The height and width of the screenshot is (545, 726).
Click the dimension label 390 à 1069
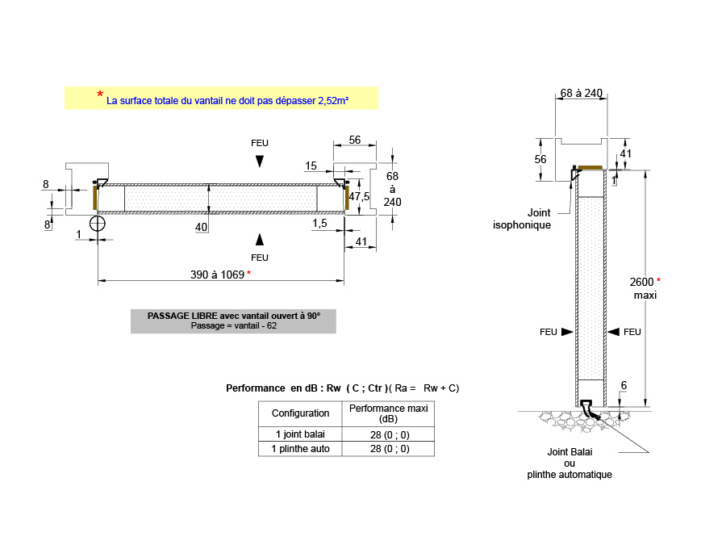coord(217,275)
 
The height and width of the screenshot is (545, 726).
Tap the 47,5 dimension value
coord(359,196)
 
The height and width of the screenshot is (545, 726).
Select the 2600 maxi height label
coord(645,288)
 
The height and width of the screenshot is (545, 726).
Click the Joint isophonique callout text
coord(522,219)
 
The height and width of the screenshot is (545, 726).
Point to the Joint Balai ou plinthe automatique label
coord(570,463)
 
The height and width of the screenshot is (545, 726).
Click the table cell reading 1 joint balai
coord(300,434)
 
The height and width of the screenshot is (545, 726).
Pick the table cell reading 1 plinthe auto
coord(300,449)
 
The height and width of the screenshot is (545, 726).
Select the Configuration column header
coord(301,413)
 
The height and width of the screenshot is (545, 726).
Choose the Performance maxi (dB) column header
coord(389,413)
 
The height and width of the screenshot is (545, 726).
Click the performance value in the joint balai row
coord(390,434)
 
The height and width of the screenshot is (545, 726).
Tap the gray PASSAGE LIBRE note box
coord(233,321)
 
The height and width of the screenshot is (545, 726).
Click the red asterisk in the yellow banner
coord(100,94)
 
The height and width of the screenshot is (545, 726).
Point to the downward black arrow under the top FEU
coord(260,161)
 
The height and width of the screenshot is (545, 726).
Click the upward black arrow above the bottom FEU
coord(260,240)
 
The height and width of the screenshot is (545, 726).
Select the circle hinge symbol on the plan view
coord(98,224)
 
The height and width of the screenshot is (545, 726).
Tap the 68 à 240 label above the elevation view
coord(581,93)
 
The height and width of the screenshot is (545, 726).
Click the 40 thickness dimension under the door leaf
coord(201,227)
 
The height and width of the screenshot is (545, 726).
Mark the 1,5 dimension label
coord(319,224)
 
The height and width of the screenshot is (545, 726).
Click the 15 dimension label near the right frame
coord(311,166)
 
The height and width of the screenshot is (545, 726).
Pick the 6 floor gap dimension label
coord(624,385)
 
